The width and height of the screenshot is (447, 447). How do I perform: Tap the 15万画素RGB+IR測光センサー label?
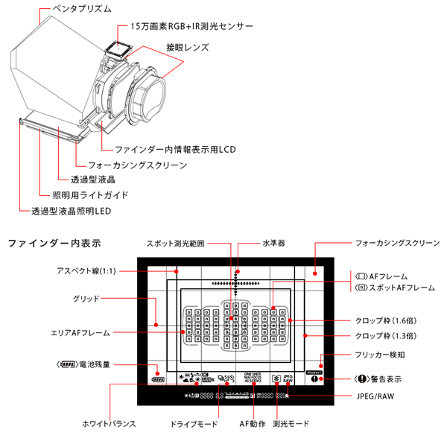(192, 26)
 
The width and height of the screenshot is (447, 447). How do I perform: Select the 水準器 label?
(273, 244)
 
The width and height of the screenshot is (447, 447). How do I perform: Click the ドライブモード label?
(193, 424)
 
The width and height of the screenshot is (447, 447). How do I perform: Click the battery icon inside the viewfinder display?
(156, 378)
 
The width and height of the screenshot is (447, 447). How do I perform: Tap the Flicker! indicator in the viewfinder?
(314, 370)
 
